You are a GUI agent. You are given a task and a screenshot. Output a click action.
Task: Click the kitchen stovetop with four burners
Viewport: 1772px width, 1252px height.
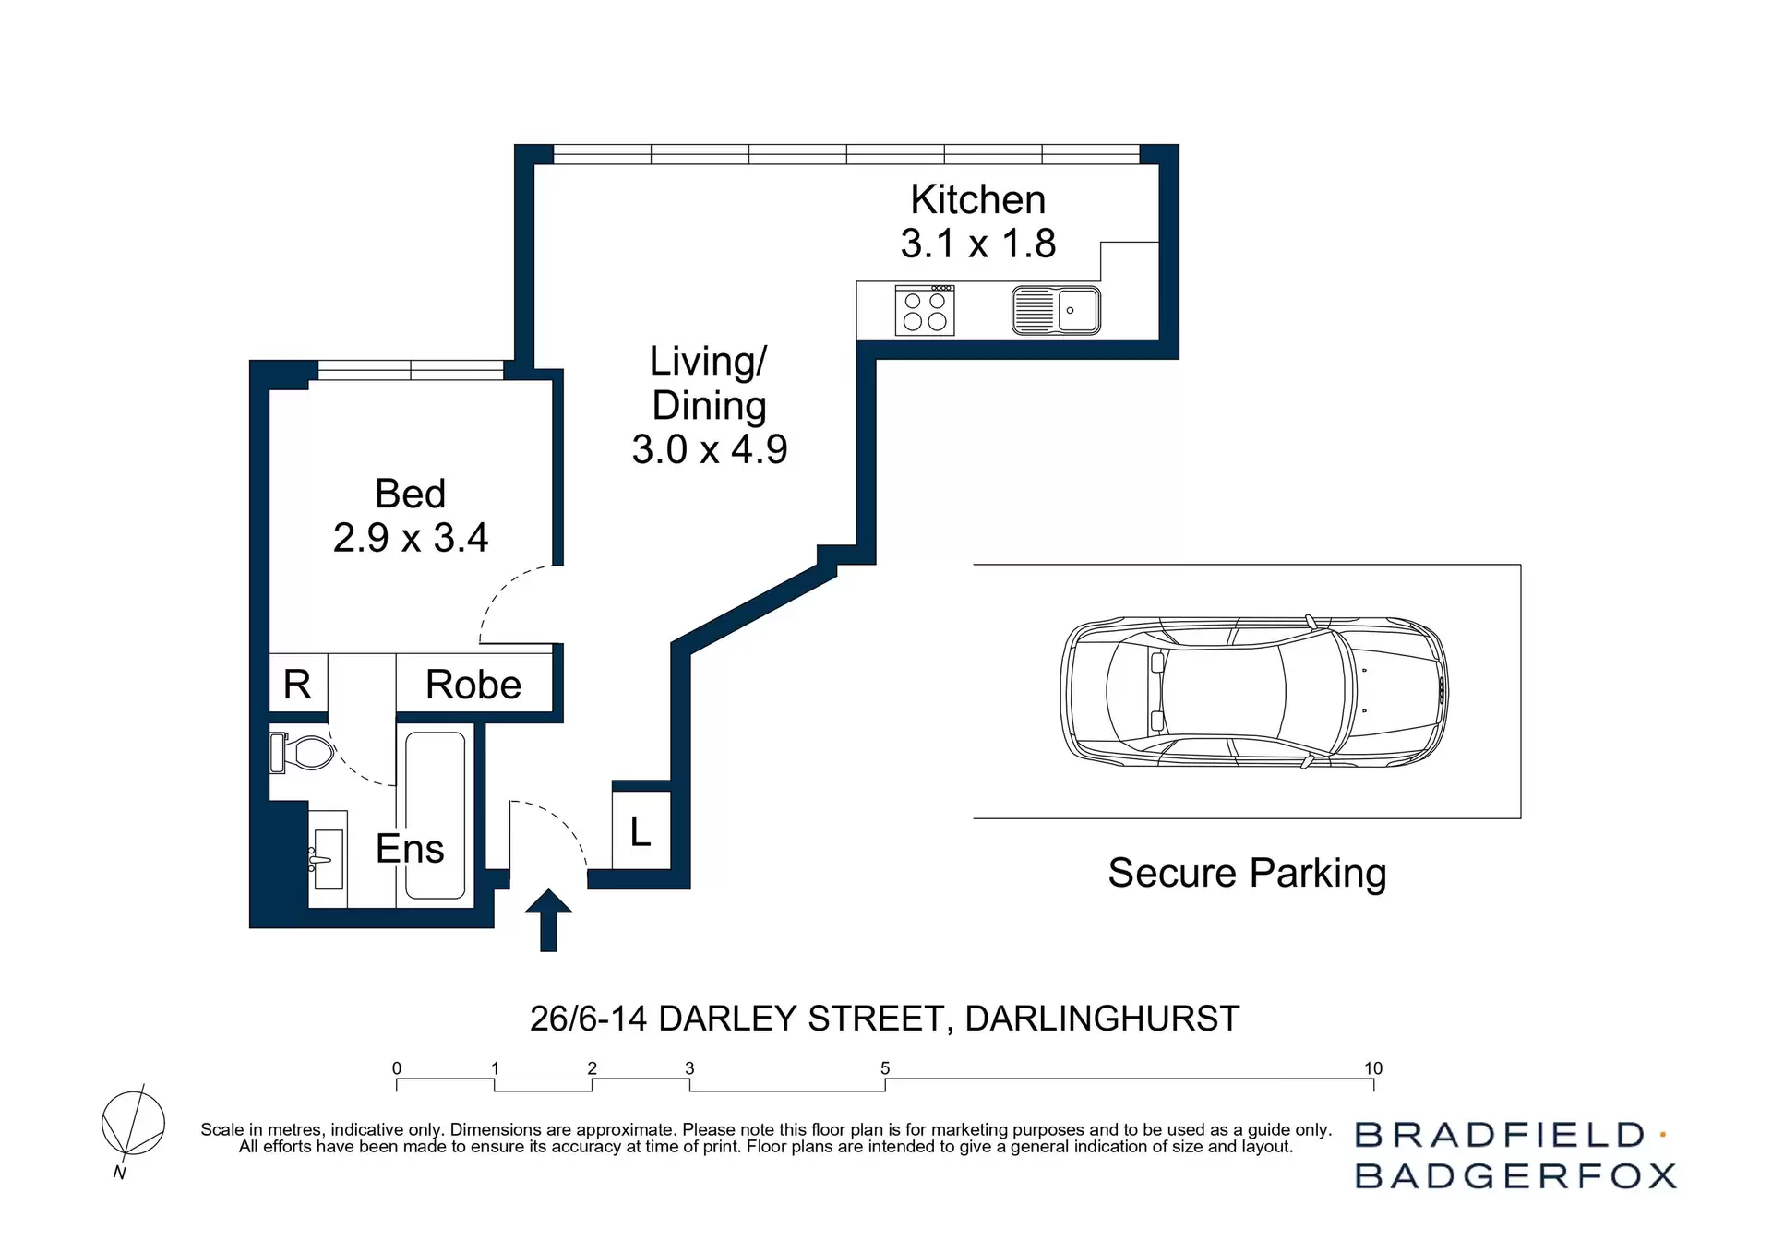[x=924, y=310]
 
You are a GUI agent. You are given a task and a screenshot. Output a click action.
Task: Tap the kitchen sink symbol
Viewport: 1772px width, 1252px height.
[x=1056, y=310]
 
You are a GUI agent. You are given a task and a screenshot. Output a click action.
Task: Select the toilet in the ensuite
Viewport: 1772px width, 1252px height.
[x=303, y=753]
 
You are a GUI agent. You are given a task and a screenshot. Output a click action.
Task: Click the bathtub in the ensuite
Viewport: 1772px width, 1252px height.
[x=435, y=816]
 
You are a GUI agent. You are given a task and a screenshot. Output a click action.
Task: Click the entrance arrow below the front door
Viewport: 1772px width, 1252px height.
[x=548, y=919]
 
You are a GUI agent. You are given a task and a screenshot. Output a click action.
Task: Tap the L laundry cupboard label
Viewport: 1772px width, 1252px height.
[x=641, y=832]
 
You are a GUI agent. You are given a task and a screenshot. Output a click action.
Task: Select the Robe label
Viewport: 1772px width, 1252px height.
[x=473, y=686]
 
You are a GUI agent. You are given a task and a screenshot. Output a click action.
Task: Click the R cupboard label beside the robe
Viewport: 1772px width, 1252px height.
[x=297, y=686]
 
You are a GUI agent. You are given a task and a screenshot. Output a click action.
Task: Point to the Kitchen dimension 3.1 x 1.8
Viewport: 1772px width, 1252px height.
[x=977, y=244]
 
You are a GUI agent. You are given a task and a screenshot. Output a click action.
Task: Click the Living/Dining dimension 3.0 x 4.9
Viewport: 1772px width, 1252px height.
[x=709, y=450]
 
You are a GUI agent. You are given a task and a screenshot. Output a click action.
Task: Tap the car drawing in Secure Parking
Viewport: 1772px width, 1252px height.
[x=1253, y=691]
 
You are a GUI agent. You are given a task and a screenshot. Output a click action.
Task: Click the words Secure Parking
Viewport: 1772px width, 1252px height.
[x=1246, y=873]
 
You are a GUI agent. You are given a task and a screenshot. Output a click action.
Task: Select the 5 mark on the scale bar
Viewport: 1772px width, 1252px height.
[x=885, y=1069]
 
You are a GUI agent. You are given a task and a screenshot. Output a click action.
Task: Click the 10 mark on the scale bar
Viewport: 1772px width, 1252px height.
[x=1372, y=1069]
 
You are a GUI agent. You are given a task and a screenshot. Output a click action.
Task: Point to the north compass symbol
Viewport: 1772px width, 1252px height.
[x=133, y=1124]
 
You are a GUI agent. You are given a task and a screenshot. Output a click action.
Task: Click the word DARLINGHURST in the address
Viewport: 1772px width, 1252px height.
[x=1101, y=1019]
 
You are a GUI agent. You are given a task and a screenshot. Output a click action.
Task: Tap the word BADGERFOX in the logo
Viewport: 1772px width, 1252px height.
[x=1515, y=1176]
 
